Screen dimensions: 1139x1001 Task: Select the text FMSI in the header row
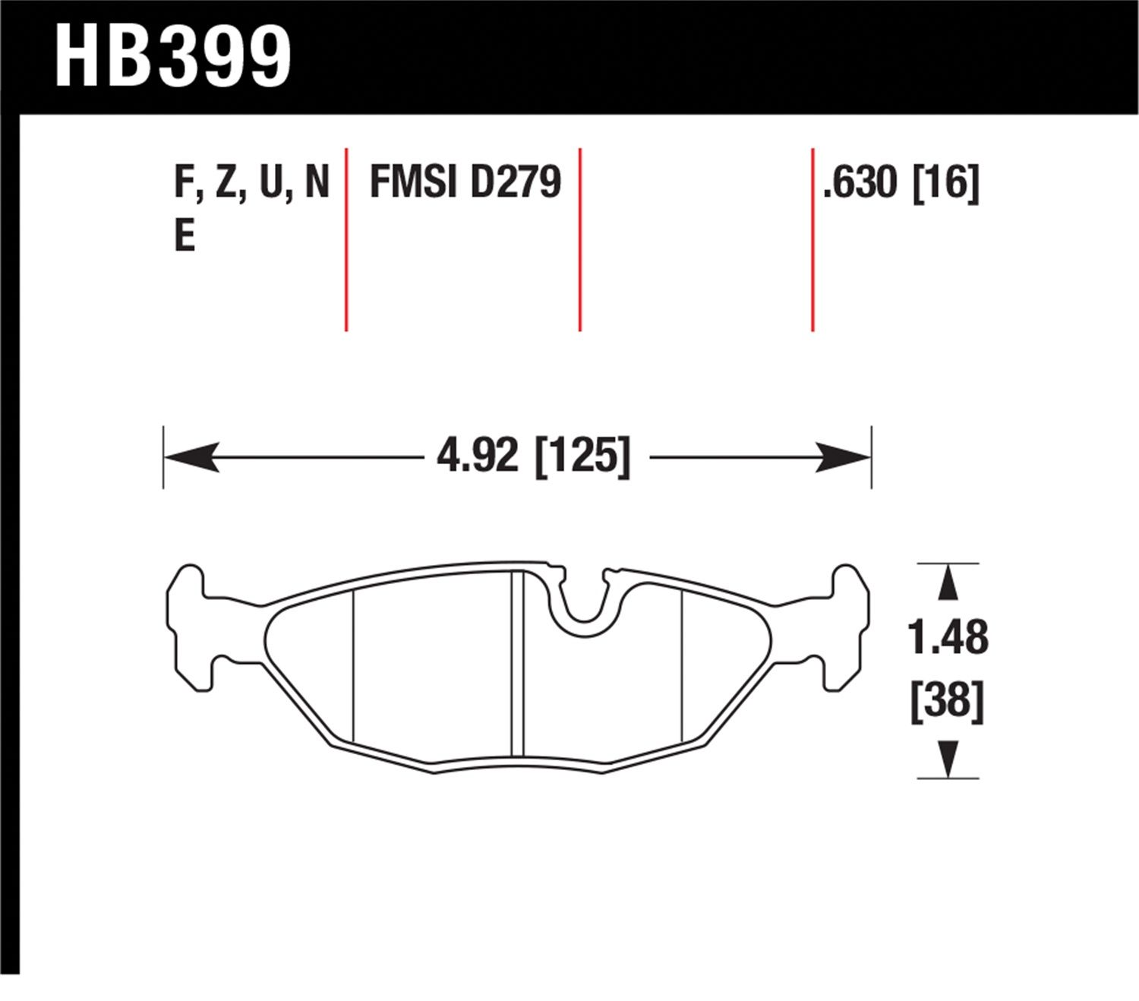coord(412,182)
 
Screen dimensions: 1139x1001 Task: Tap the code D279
coord(516,182)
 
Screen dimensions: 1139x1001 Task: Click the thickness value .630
coord(860,182)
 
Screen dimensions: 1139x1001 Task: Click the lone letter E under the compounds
coord(185,236)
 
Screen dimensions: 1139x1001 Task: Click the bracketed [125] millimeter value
coord(583,456)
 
